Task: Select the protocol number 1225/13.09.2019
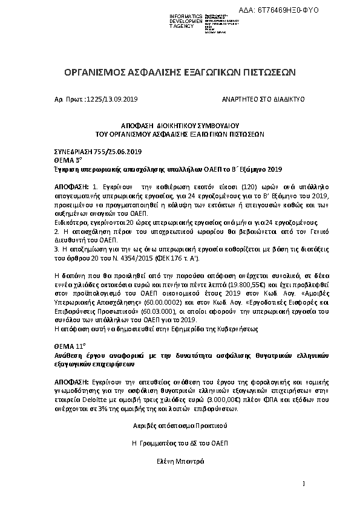point(113,98)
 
